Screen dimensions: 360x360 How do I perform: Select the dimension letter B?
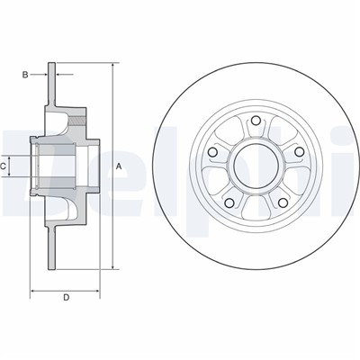pyautogui.click(x=25, y=75)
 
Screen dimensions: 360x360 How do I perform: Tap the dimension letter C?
pyautogui.click(x=5, y=166)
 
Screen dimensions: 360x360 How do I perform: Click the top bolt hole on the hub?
pyautogui.click(x=256, y=121)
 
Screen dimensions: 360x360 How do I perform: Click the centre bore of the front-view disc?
pyautogui.click(x=256, y=165)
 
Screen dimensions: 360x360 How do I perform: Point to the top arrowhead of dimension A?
pyautogui.click(x=113, y=66)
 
